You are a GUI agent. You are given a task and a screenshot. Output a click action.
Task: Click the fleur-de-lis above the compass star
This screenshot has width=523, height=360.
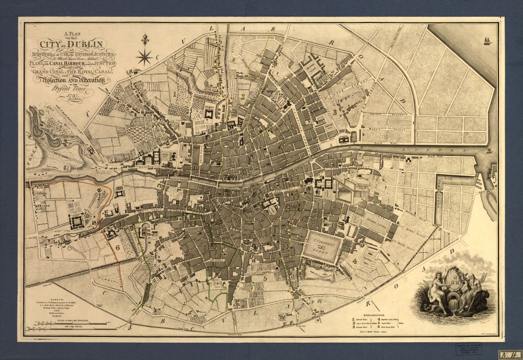pyautogui.click(x=144, y=39)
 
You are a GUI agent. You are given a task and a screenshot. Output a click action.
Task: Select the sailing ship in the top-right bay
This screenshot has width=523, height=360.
pyautogui.click(x=487, y=40)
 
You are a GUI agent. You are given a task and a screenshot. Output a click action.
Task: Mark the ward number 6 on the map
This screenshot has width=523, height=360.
pyautogui.click(x=118, y=247)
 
